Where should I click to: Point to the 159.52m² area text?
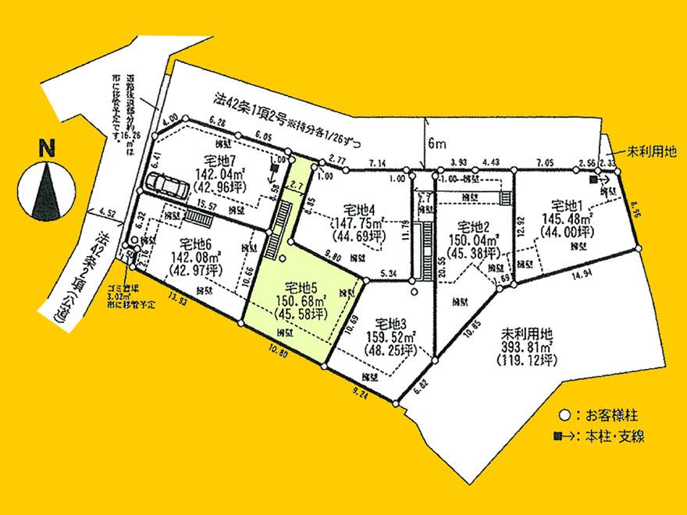pos(389,337)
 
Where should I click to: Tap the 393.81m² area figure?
pos(525,347)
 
